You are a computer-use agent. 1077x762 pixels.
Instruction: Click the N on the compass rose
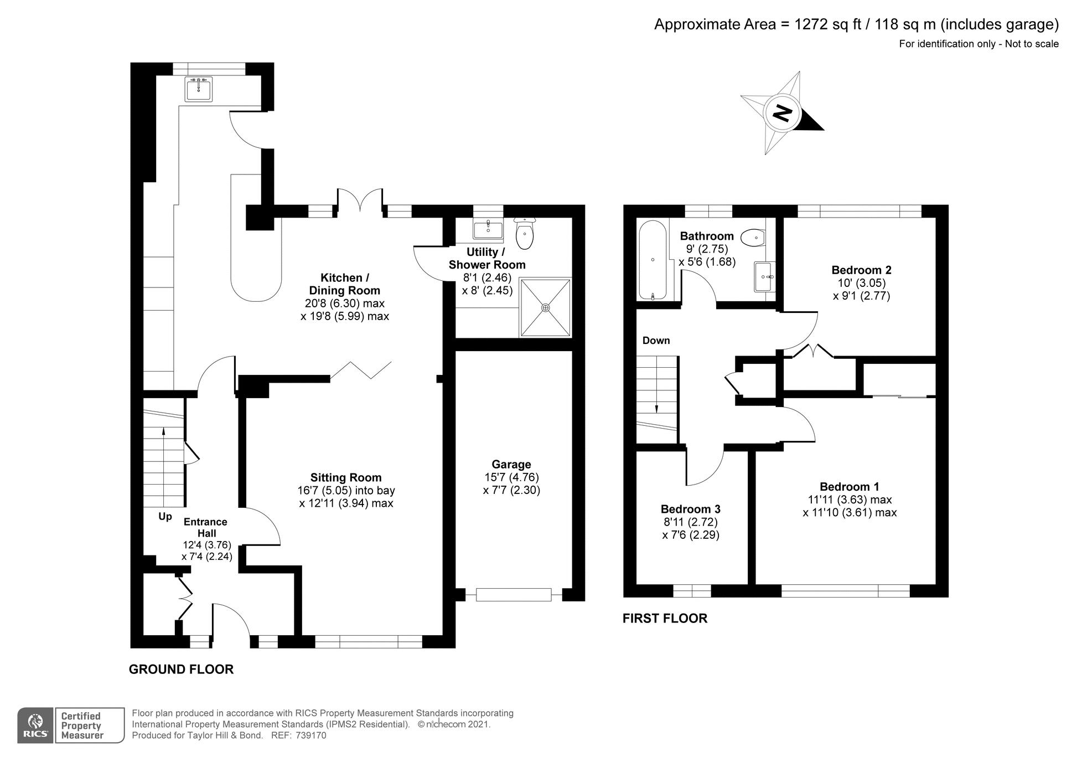tap(782, 114)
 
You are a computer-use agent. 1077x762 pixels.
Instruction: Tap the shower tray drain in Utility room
tap(546, 308)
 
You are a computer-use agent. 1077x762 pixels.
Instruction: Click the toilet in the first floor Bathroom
tap(753, 238)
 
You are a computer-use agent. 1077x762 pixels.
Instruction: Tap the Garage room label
tap(511, 465)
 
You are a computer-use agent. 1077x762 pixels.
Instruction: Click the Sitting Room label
tap(346, 477)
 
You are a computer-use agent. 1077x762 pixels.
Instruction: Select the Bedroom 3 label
tap(690, 509)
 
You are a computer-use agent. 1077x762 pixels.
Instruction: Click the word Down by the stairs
tap(656, 341)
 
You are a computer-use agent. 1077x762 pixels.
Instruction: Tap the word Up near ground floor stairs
tap(165, 517)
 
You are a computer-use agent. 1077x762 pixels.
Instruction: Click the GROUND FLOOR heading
tap(181, 670)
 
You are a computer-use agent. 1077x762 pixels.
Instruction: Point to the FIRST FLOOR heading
tap(665, 619)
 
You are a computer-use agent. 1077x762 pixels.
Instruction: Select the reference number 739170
tap(311, 735)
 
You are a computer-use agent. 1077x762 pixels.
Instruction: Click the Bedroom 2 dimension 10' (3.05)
tap(861, 283)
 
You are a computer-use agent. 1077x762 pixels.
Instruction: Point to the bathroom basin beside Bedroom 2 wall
tap(764, 276)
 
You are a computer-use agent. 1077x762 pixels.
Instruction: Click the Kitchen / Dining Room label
tap(344, 284)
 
